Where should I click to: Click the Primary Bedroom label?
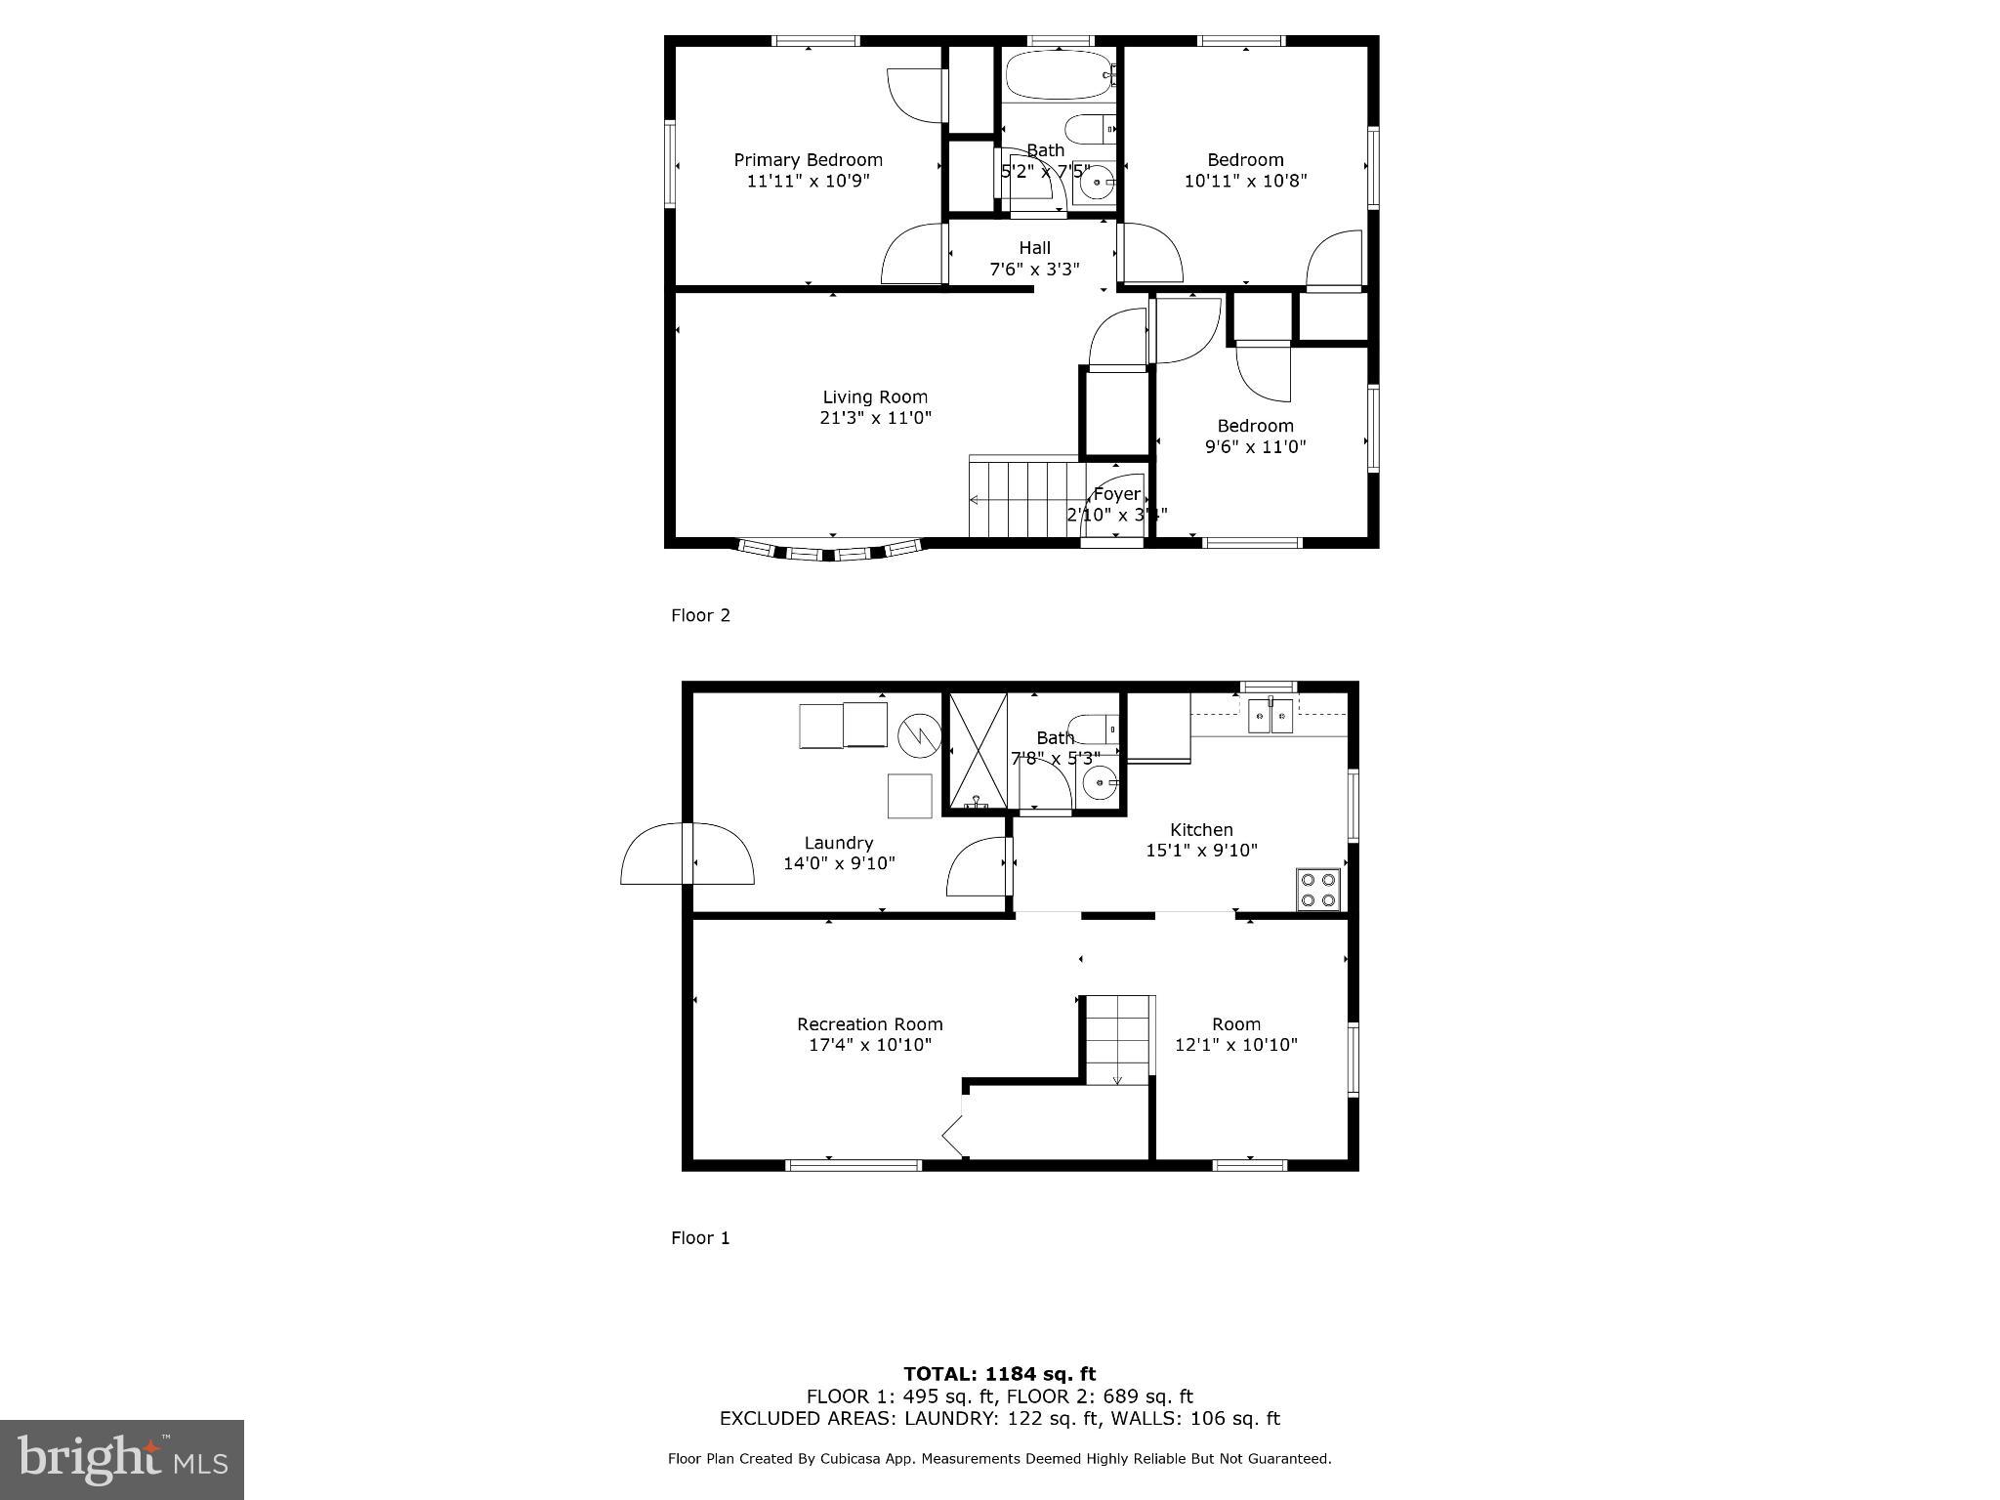pyautogui.click(x=808, y=160)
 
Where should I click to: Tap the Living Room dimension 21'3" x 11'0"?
pyautogui.click(x=875, y=418)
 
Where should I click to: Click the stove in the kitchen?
pyautogui.click(x=1318, y=890)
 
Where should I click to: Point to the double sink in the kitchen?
pyautogui.click(x=1271, y=716)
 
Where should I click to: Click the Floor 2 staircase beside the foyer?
pyautogui.click(x=1025, y=500)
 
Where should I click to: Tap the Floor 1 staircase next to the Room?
pyautogui.click(x=1118, y=1041)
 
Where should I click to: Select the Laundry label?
pyautogui.click(x=838, y=843)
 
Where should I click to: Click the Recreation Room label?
pyautogui.click(x=869, y=1024)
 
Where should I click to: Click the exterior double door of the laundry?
pyautogui.click(x=687, y=854)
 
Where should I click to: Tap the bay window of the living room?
pyautogui.click(x=830, y=552)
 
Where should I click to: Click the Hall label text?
pyautogui.click(x=1034, y=248)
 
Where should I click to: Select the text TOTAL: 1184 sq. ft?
pyautogui.click(x=999, y=1375)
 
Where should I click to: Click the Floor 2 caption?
pyautogui.click(x=700, y=615)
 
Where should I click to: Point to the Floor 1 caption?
pyautogui.click(x=700, y=1238)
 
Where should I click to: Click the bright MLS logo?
pyautogui.click(x=122, y=1459)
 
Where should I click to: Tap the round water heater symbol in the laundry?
pyautogui.click(x=920, y=734)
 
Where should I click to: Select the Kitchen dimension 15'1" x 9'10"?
pyautogui.click(x=1201, y=851)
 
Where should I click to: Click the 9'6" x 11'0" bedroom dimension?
pyautogui.click(x=1255, y=447)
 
